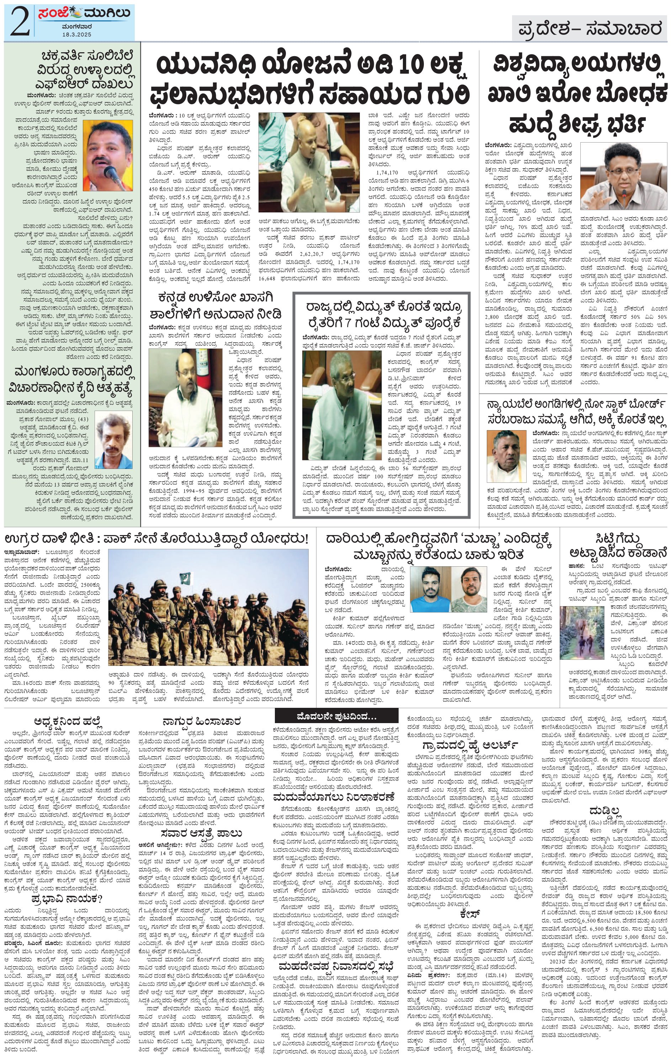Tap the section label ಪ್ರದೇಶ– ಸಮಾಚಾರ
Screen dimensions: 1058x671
pos(589,29)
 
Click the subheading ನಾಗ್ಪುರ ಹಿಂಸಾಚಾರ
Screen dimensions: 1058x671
pos(201,721)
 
